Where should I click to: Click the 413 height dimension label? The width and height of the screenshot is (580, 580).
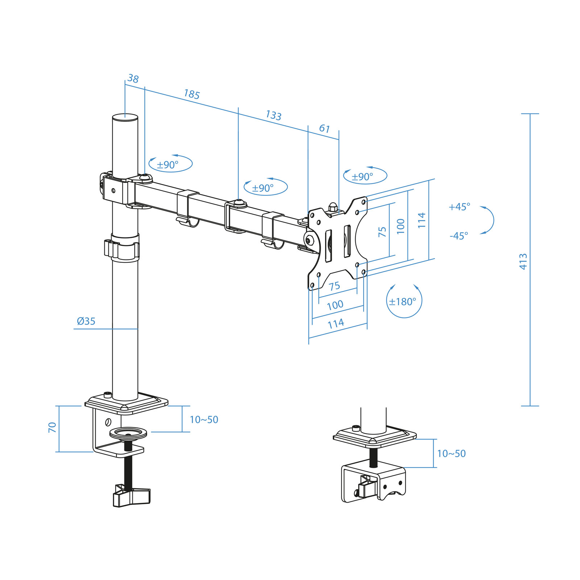tap(523, 261)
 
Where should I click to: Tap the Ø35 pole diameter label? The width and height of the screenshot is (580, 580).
tap(86, 321)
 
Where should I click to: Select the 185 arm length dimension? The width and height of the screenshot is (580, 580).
tap(192, 94)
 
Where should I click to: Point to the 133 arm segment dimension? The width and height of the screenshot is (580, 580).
tap(273, 115)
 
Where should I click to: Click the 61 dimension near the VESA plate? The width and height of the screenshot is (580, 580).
tap(324, 129)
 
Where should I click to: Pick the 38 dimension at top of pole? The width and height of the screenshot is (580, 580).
tap(133, 79)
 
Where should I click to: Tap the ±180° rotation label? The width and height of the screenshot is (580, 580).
tap(403, 302)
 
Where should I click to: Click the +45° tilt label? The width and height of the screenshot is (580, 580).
tap(459, 207)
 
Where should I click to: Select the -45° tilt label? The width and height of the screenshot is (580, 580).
tap(459, 236)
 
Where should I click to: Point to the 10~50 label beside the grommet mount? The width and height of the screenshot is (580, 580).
tap(451, 453)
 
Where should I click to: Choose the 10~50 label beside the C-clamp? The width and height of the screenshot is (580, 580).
tap(204, 420)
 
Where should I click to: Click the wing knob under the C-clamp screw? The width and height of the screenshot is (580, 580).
tap(131, 496)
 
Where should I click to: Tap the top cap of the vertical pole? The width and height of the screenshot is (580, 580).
tap(125, 117)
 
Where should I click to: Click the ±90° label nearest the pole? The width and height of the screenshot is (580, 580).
tap(167, 165)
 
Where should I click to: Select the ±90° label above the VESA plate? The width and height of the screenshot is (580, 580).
tap(362, 177)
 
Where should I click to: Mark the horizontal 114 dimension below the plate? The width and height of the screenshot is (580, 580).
tap(336, 323)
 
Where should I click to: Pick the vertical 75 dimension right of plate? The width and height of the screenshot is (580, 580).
tap(382, 232)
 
